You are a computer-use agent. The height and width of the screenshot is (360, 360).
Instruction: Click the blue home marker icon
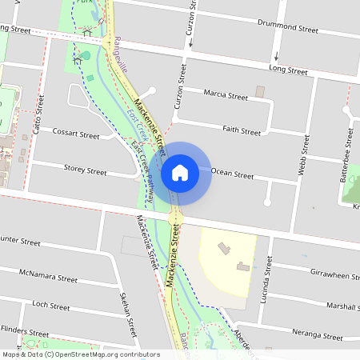[x=179, y=172]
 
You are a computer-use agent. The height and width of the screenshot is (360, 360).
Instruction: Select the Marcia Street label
[x=226, y=96]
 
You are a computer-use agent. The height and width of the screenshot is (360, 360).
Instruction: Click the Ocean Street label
[x=232, y=172]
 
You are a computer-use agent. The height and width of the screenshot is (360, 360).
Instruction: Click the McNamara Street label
[x=48, y=276]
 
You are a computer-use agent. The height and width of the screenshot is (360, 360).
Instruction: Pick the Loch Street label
[x=51, y=306]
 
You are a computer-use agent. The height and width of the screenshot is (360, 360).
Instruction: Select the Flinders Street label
[x=24, y=330]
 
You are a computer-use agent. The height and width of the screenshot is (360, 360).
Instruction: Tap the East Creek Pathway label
[x=147, y=168]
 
